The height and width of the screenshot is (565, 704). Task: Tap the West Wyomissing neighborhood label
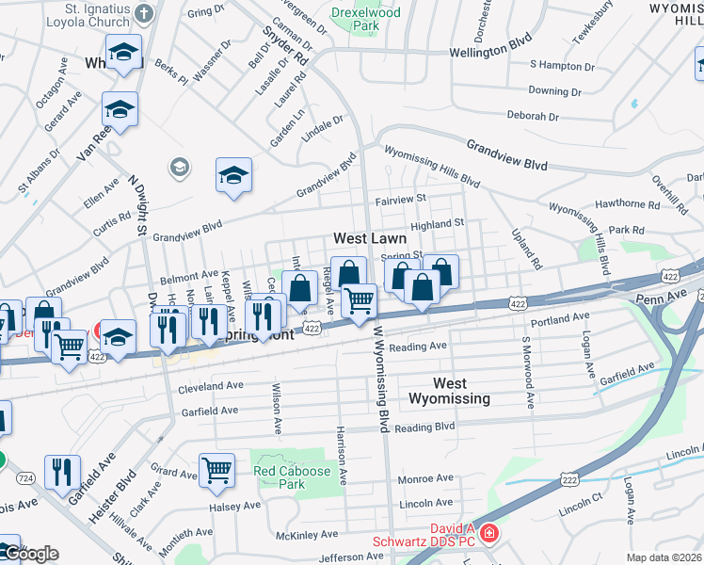point(449,391)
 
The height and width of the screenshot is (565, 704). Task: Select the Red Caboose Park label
point(292,477)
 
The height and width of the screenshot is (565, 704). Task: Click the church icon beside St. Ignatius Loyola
point(144,13)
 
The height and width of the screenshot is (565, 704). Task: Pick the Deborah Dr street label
point(533,116)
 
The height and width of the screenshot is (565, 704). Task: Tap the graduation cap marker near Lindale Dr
point(233,175)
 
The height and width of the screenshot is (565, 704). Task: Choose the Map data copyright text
point(664,557)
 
